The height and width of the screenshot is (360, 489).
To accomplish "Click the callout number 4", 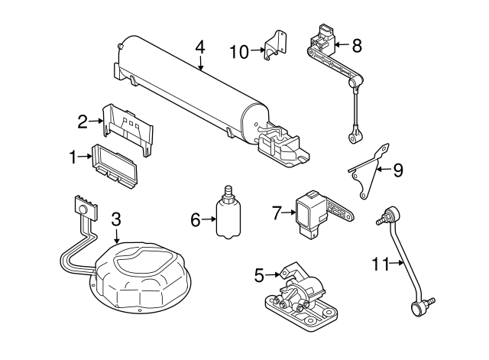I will [200, 47].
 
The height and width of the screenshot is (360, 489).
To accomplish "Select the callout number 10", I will [238, 51].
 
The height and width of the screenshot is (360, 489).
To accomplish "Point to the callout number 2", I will [83, 120].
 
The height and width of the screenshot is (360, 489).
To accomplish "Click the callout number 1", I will [74, 158].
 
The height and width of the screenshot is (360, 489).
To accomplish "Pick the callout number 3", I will [116, 219].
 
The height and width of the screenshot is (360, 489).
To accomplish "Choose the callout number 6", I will [196, 220].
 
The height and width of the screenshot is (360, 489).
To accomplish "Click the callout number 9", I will [397, 170].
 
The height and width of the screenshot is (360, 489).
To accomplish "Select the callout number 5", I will [259, 273].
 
